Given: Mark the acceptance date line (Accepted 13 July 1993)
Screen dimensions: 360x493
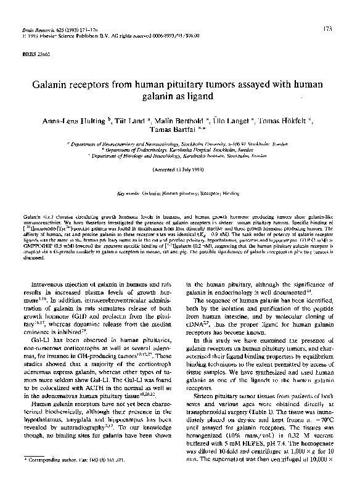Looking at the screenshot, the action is [x=179, y=169].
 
